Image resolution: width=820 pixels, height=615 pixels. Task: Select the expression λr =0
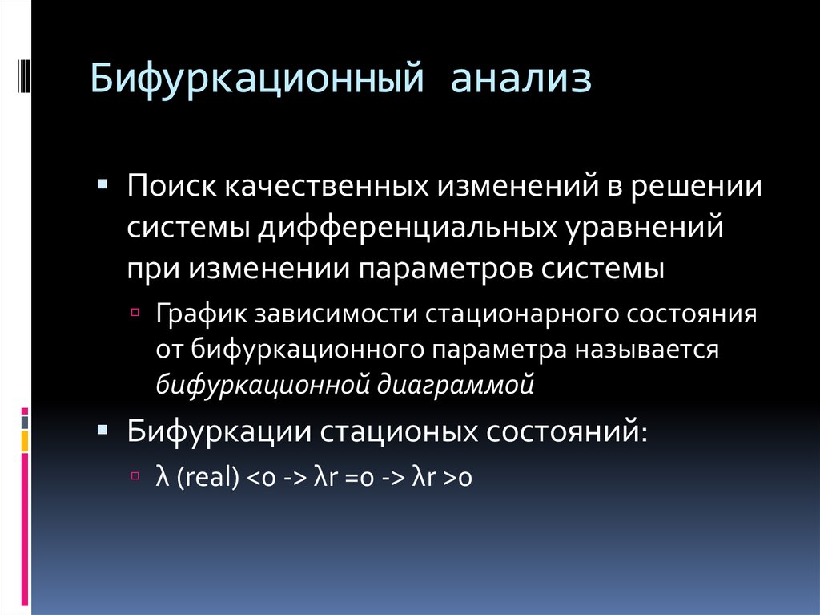345,477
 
